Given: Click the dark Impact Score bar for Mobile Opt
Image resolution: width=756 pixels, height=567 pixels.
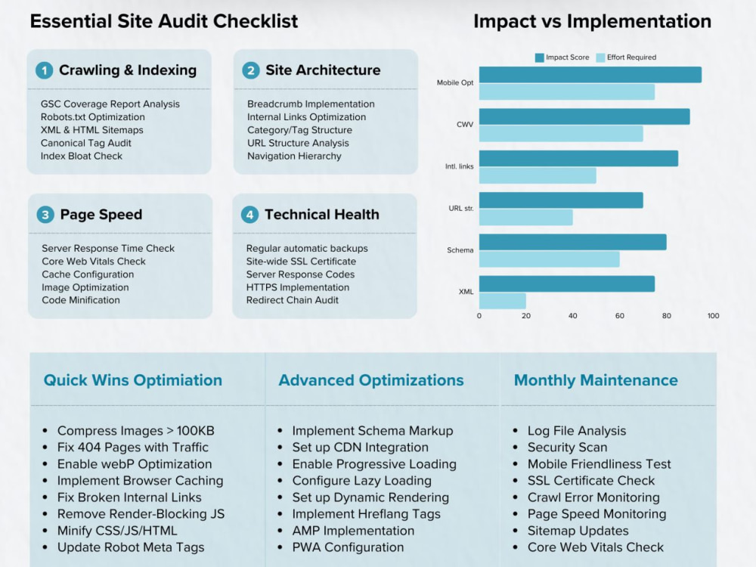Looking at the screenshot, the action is [590, 75].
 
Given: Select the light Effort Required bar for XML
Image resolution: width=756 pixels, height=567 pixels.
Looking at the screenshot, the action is [503, 301].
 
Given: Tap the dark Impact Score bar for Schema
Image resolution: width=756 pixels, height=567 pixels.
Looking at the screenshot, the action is [573, 242].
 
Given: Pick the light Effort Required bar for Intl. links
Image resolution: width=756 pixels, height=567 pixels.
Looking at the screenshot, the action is [538, 175].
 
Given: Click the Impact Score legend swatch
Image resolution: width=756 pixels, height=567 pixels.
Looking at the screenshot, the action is [540, 57].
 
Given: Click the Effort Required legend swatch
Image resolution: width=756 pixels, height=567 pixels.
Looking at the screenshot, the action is [600, 57].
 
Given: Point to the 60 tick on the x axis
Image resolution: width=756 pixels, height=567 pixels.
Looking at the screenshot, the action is [620, 316].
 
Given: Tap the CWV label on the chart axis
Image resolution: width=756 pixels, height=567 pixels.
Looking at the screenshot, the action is [465, 125].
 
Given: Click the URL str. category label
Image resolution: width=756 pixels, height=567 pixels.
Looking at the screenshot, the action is [461, 209].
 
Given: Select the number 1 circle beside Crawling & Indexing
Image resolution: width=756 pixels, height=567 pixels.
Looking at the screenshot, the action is [45, 70].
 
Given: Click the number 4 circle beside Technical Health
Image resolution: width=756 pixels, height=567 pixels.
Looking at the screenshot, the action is [249, 215].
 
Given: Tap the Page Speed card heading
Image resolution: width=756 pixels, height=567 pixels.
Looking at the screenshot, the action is [101, 215].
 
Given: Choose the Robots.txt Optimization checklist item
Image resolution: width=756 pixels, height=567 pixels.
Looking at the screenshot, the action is [92, 117].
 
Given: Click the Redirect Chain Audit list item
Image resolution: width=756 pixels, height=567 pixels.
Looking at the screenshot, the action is [292, 300].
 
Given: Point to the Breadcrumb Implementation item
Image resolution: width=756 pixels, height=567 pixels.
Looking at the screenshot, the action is [311, 104].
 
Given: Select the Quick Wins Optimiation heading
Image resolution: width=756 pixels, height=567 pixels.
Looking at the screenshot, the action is [132, 380].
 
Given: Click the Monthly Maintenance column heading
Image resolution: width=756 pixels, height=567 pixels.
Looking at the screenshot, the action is [596, 380].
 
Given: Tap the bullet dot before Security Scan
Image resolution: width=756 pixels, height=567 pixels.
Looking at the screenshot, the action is [516, 448].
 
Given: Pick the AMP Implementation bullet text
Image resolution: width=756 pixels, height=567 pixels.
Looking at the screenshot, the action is [353, 531].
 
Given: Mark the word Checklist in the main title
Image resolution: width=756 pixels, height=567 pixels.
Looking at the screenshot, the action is [256, 21].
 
